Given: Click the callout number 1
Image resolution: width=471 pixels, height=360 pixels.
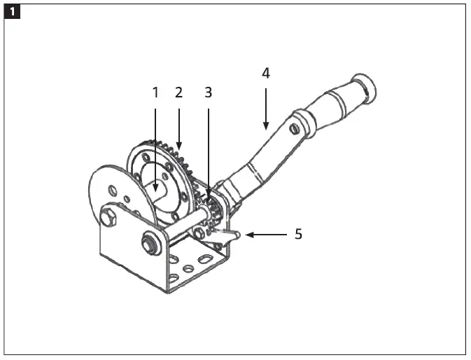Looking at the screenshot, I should click(155, 92).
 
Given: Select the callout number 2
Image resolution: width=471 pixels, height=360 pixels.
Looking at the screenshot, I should click(178, 92).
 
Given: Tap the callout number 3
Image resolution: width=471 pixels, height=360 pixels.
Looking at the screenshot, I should click(208, 92).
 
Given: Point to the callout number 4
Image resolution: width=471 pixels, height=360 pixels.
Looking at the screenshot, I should click(265, 73).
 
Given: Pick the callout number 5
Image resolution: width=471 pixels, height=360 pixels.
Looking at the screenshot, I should click(298, 234).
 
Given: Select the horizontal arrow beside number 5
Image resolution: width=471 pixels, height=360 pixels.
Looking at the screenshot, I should click(266, 235).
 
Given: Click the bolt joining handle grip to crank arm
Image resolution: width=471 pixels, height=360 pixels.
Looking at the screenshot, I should click(294, 129).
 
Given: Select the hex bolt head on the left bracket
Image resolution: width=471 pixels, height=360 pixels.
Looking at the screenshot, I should click(108, 217).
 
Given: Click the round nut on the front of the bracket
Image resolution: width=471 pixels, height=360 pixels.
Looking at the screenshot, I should click(148, 244).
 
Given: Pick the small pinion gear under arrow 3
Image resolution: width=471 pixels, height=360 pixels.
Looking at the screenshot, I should click(213, 207).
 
